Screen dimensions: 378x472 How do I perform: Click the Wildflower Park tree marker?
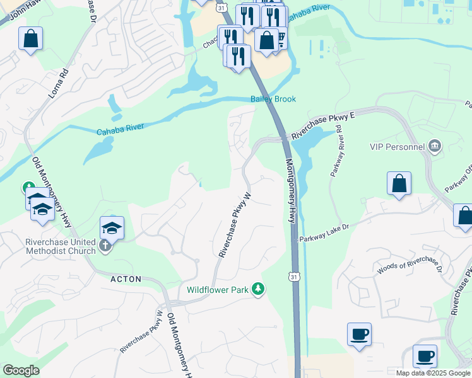pyautogui.click(x=257, y=289)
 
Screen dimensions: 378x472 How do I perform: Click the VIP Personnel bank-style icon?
pyautogui.click(x=434, y=147)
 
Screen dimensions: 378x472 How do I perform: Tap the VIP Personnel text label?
pyautogui.click(x=397, y=147)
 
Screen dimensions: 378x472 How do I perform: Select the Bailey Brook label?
pyautogui.click(x=273, y=99)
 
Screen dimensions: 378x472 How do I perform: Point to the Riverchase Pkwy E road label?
pyautogui.click(x=324, y=125)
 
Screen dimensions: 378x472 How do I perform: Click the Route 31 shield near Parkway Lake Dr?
pyautogui.click(x=294, y=277)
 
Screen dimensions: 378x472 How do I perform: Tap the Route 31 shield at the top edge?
pyautogui.click(x=220, y=6)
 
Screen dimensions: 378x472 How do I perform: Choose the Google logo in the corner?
pyautogui.click(x=21, y=370)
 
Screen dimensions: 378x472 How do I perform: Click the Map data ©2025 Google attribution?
pyautogui.click(x=433, y=373)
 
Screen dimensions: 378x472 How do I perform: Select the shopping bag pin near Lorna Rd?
pyautogui.click(x=30, y=39)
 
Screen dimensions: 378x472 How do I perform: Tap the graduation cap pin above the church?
pyautogui.click(x=112, y=227)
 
